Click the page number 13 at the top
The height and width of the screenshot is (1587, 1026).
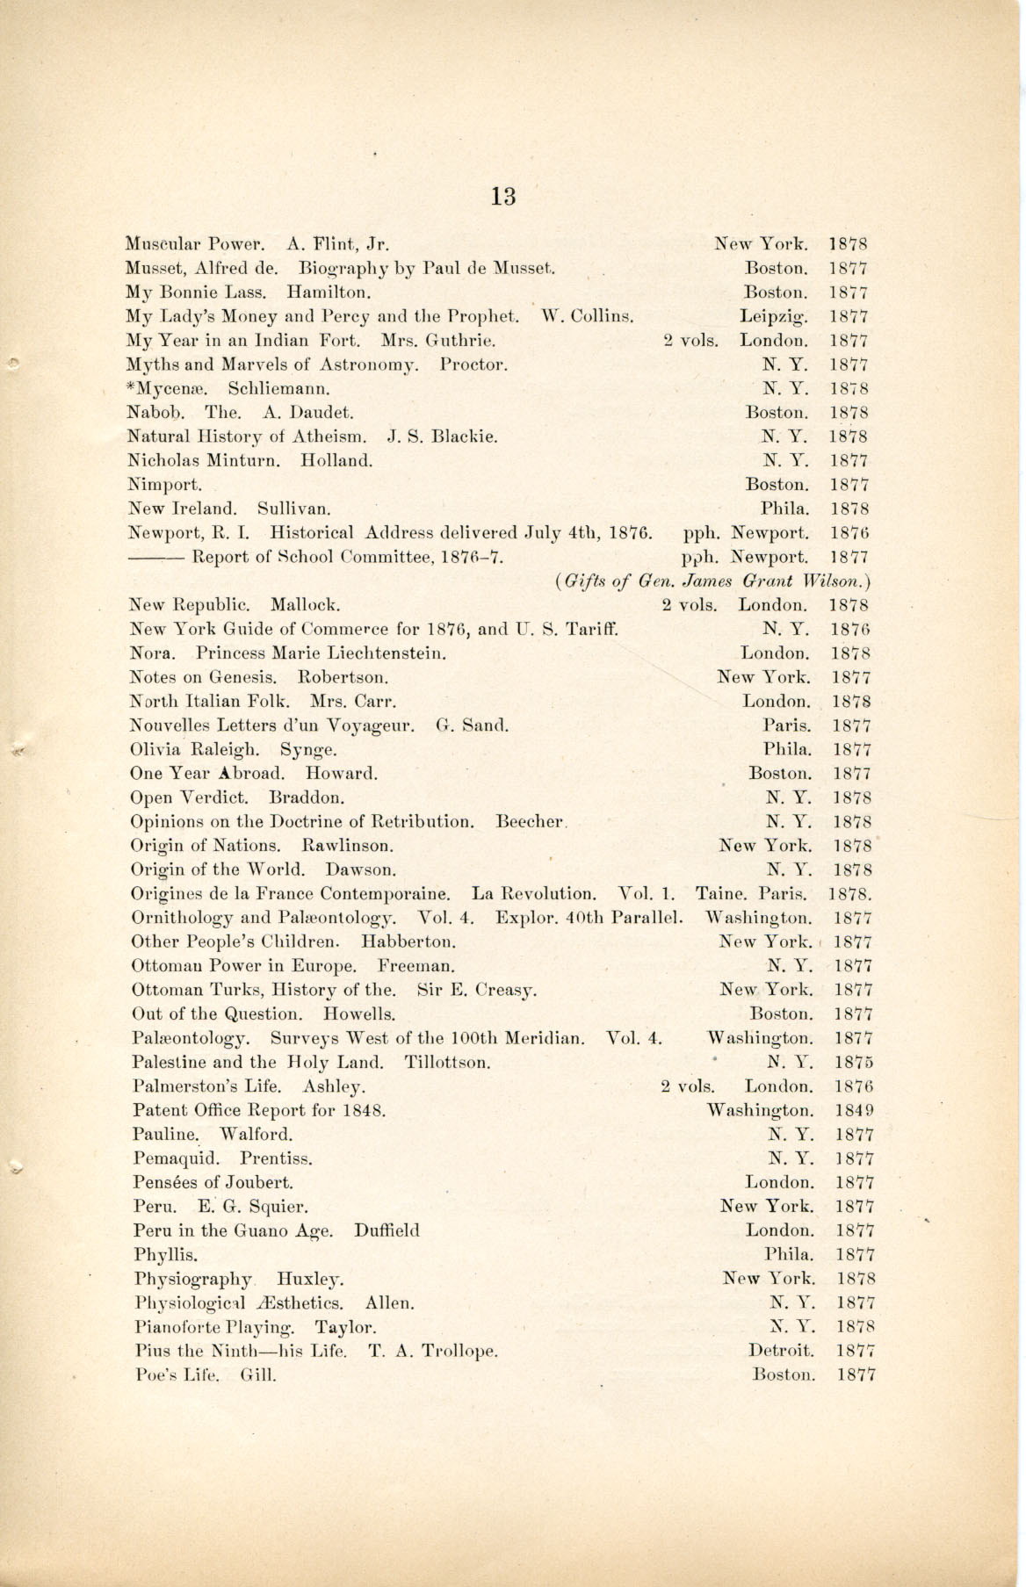pos(503,196)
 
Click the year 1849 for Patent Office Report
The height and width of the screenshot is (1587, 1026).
pos(855,1110)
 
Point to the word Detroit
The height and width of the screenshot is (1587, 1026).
pos(781,1351)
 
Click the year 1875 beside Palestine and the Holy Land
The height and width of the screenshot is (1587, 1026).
pos(855,1062)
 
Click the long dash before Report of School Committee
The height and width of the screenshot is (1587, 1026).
pos(155,557)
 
